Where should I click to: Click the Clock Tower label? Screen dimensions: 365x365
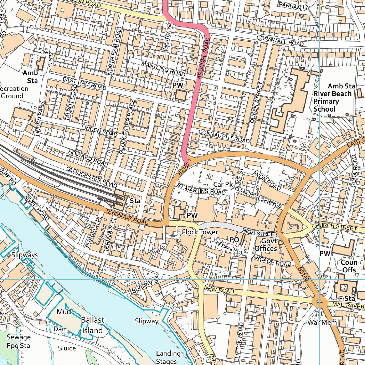[x=199, y=232]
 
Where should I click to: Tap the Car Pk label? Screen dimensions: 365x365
[x=223, y=184]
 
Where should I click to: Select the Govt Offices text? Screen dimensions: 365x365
[x=266, y=245]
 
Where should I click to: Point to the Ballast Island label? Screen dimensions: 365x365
[x=93, y=325]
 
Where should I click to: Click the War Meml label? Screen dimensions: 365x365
[x=323, y=323]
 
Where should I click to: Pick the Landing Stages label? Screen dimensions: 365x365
[x=168, y=357]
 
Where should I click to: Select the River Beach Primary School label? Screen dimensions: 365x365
[x=332, y=101]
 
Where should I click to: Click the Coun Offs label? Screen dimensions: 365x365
[x=349, y=266]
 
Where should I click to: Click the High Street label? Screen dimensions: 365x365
[x=259, y=232]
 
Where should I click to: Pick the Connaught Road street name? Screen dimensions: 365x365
[x=224, y=136]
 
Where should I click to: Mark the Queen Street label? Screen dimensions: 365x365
[x=257, y=103]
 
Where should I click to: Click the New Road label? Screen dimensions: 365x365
[x=219, y=289]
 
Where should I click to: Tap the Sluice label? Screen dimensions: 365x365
[x=67, y=348]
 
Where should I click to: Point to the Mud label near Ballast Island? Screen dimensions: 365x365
[x=64, y=312]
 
